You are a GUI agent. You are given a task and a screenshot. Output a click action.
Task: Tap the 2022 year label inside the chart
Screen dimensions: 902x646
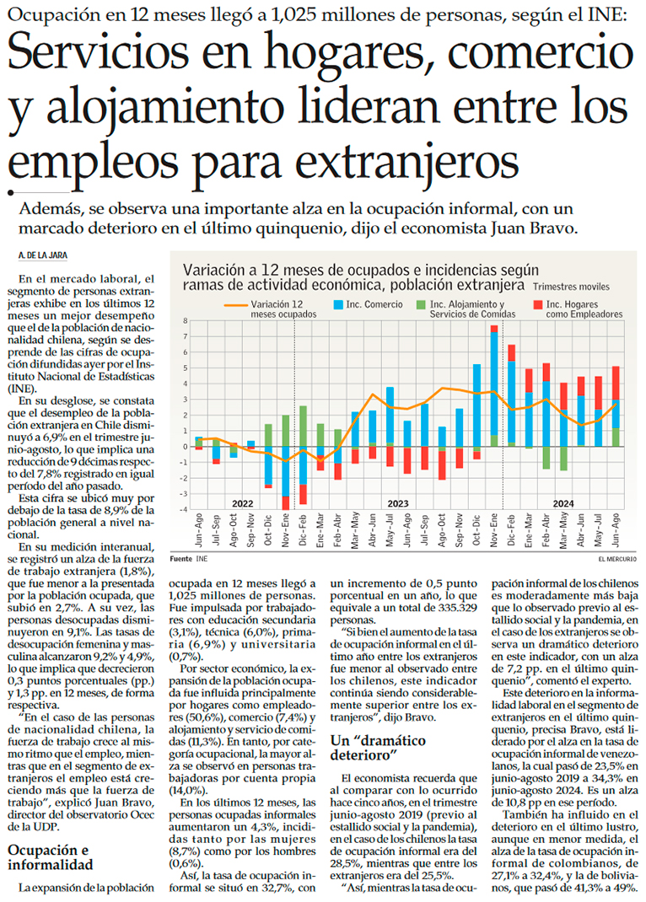[x=243, y=503]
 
